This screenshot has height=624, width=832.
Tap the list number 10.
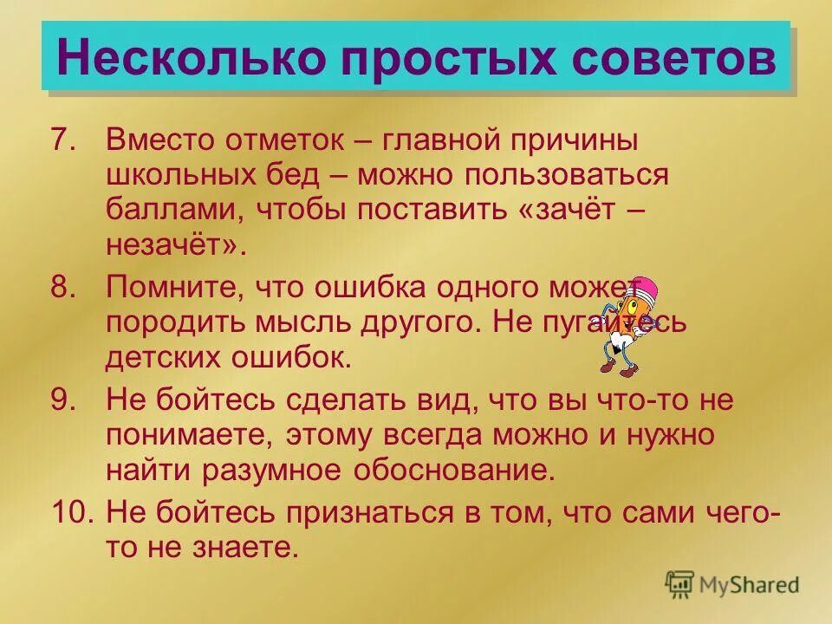(x=71, y=512)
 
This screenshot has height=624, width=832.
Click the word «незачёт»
(x=172, y=244)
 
